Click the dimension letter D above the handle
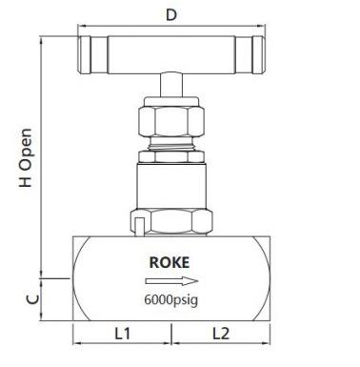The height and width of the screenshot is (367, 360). click(171, 15)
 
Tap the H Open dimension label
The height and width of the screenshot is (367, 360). click(26, 157)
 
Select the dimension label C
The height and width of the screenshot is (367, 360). click(32, 299)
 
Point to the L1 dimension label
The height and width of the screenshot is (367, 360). click(122, 334)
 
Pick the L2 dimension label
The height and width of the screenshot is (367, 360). click(221, 334)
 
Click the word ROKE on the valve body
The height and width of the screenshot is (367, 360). click(170, 262)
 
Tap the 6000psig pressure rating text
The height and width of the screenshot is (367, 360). click(171, 299)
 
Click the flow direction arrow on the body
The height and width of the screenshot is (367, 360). click(171, 281)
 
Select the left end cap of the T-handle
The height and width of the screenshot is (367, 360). click(85, 55)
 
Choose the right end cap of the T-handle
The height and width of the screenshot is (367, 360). click(258, 55)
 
